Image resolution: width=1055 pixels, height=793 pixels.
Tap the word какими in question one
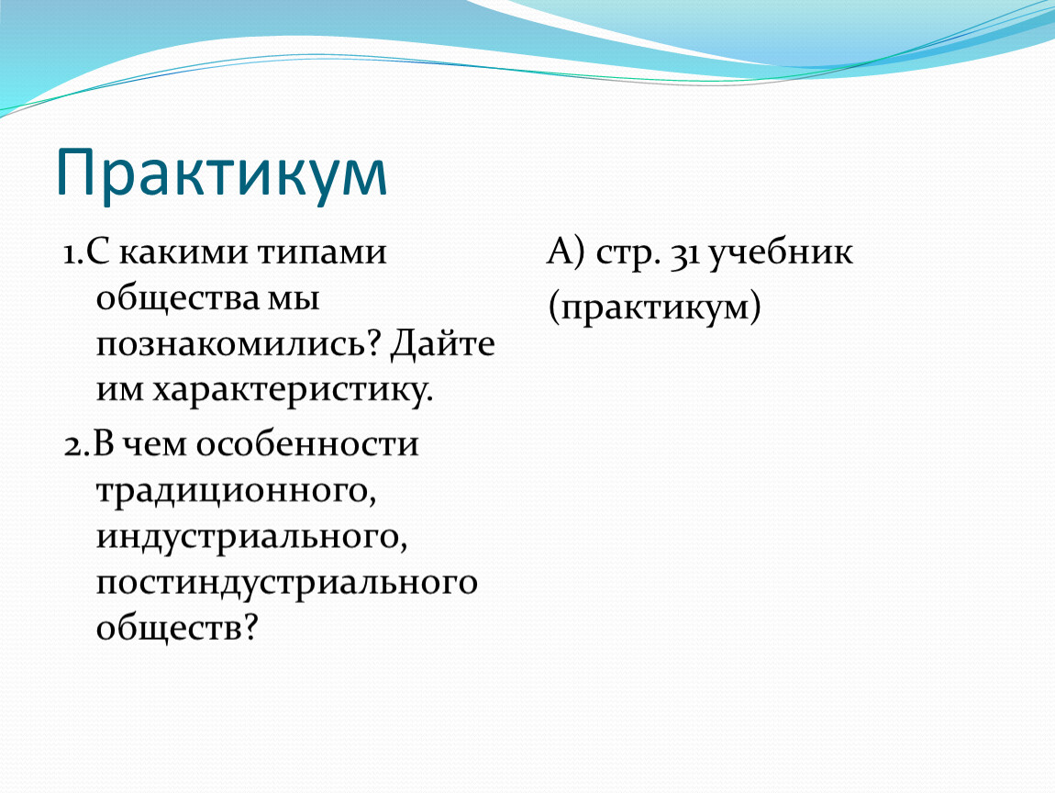click(x=183, y=252)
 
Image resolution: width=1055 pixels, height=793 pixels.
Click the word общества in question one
click(x=178, y=297)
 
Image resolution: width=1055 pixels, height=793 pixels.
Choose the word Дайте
click(x=443, y=343)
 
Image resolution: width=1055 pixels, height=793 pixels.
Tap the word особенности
click(x=307, y=444)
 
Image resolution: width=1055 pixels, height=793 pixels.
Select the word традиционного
click(x=236, y=491)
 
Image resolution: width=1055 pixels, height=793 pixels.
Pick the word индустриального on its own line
click(x=251, y=538)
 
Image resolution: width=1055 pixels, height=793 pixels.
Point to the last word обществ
click(x=177, y=628)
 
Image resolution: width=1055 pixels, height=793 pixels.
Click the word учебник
click(x=781, y=253)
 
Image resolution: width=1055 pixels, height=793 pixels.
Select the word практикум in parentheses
click(x=655, y=308)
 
